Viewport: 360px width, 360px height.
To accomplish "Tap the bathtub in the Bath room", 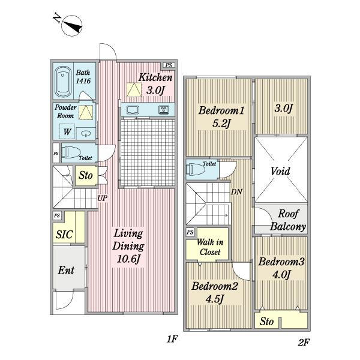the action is tap(63, 82).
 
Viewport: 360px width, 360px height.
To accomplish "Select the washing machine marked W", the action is tap(67, 131).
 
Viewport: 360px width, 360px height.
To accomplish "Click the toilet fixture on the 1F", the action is tap(71, 152).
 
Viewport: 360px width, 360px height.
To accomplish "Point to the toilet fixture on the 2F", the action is tap(196, 169).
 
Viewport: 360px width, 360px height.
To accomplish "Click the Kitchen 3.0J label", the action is tap(155, 84).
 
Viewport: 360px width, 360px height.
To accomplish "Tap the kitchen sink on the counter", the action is tap(133, 110).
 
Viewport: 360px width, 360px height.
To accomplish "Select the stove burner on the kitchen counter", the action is tap(164, 110).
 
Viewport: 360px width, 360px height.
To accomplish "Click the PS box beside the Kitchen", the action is tap(169, 65).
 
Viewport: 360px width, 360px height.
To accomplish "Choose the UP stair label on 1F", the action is tap(103, 198).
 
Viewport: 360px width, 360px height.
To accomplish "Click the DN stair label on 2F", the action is tap(236, 192).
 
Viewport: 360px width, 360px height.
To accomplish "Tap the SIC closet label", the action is tap(64, 235).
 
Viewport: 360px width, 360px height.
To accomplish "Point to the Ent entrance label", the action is tap(66, 270).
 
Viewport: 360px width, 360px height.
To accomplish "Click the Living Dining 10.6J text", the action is tap(128, 246).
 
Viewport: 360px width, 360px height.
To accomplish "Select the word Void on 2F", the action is tap(280, 171).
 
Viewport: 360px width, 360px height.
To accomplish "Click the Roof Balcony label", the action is tap(288, 220).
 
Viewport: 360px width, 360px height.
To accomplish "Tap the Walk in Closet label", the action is tap(210, 247).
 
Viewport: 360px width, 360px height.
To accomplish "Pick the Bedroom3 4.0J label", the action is tap(281, 268).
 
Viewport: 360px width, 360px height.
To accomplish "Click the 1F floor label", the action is tap(172, 339).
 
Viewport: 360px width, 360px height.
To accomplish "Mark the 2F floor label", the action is tap(304, 343).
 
